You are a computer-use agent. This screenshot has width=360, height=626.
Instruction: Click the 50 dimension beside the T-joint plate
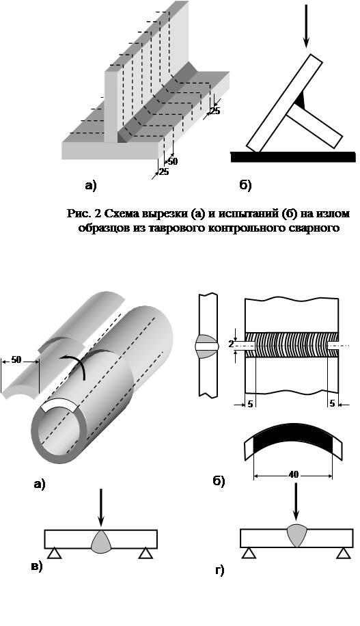tap(172, 162)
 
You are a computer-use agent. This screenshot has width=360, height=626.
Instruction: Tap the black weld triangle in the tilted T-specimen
tap(302, 100)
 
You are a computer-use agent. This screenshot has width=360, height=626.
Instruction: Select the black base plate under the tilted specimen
tap(293, 157)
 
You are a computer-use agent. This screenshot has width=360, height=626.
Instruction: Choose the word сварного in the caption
tap(318, 228)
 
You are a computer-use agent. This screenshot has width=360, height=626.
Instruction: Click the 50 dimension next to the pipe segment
tap(16, 359)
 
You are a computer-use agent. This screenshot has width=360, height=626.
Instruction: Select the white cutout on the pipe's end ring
tap(59, 407)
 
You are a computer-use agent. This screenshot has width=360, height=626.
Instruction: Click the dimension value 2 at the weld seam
tap(231, 344)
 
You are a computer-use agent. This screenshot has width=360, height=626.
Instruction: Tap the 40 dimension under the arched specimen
tap(293, 475)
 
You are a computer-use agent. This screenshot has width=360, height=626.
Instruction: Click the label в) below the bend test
tap(37, 567)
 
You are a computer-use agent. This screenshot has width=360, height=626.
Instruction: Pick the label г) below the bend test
tap(220, 570)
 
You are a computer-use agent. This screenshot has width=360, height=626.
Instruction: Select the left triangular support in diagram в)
tap(55, 554)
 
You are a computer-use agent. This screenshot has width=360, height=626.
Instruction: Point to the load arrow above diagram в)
tap(100, 507)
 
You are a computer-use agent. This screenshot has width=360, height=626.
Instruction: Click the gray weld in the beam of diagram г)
tap(296, 535)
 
